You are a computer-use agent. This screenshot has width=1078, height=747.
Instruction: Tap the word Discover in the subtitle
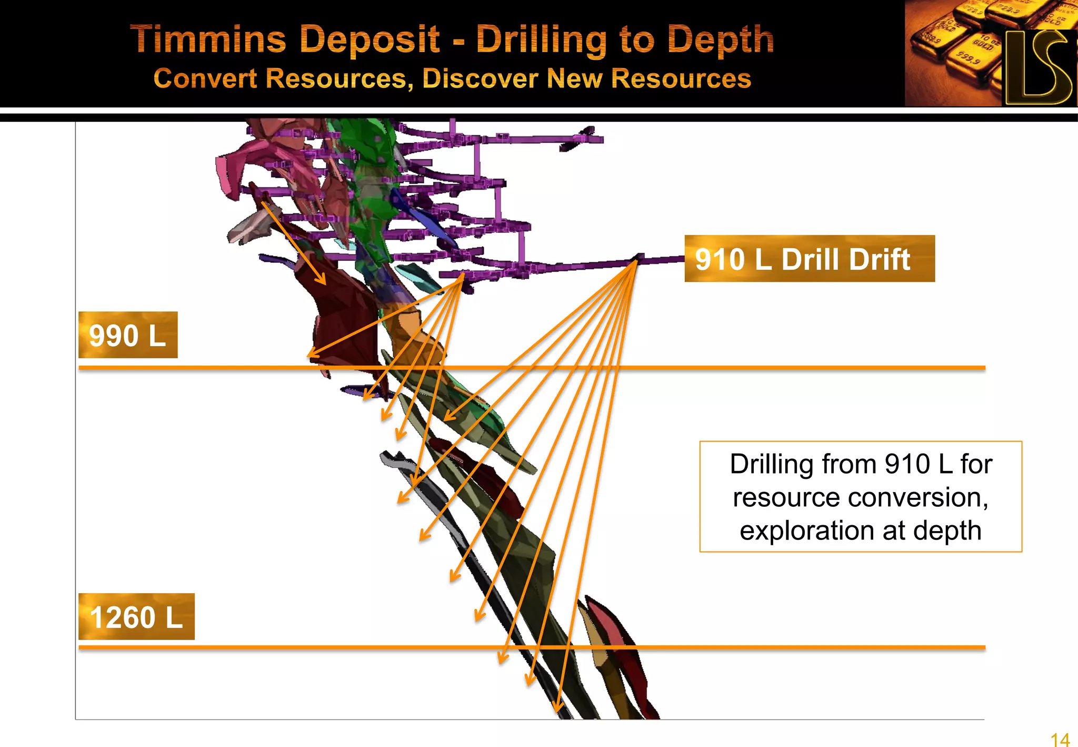pos(480,78)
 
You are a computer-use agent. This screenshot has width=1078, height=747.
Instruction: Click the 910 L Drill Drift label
pos(809,259)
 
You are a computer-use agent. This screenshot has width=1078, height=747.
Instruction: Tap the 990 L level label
pos(128,335)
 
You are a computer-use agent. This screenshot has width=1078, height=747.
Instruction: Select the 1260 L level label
pos(136,617)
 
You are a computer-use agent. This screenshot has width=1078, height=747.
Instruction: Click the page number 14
pos(1060,739)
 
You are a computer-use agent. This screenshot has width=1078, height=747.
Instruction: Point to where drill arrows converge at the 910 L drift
pos(635,261)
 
